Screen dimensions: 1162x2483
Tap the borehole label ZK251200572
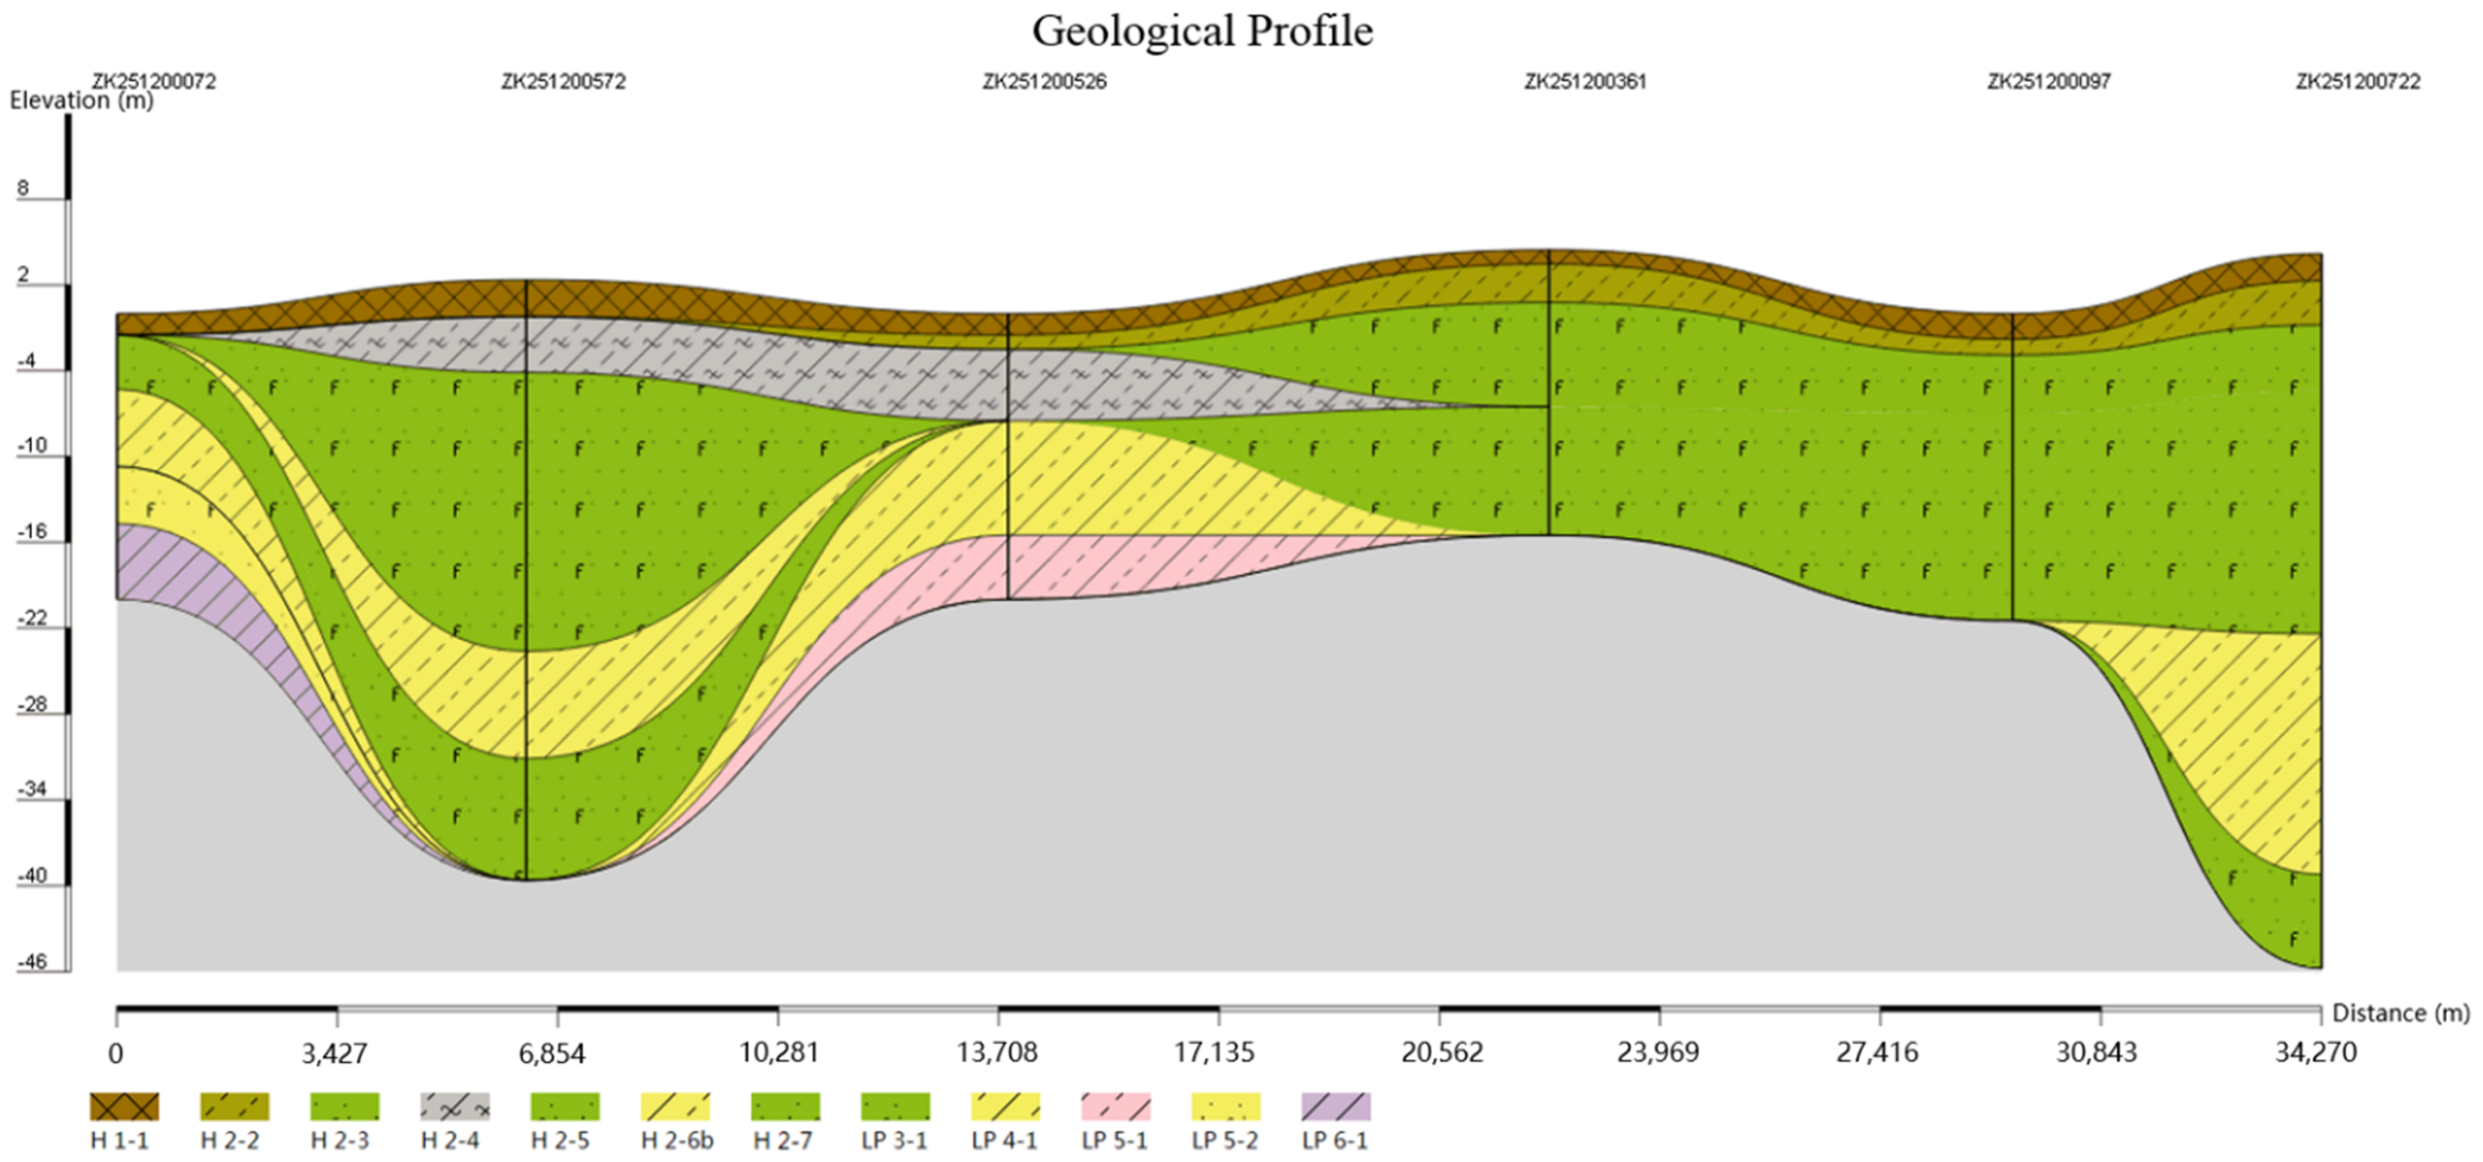tap(563, 82)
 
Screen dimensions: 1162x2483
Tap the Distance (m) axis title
tap(2400, 1013)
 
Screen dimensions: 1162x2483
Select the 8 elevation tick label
tap(23, 188)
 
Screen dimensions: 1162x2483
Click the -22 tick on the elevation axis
tap(32, 617)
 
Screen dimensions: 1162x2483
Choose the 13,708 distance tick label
tap(998, 1053)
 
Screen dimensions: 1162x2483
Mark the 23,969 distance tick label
tap(1658, 1053)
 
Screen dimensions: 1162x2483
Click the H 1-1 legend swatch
tap(125, 1106)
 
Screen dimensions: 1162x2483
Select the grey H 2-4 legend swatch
tap(455, 1106)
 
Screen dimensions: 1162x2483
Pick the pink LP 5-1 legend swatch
tap(1115, 1106)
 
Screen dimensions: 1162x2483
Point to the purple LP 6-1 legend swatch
tap(1335, 1106)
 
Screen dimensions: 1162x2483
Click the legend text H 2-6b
tap(677, 1141)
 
